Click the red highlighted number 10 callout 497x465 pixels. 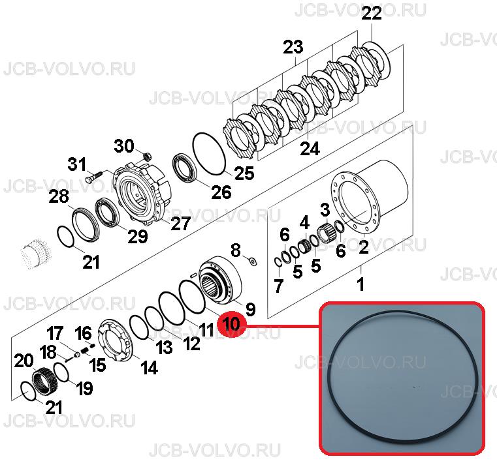pos(232,324)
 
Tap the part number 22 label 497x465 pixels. pos(372,13)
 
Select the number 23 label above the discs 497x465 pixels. pos(293,46)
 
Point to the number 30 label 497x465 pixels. pos(124,146)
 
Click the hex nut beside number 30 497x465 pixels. pos(147,156)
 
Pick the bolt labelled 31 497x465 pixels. pos(93,176)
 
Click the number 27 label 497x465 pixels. pos(180,223)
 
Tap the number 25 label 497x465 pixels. pos(244,173)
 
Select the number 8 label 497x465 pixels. pos(236,250)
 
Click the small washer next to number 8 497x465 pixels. pos(253,262)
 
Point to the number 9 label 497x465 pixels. pos(250,308)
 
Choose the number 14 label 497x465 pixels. pos(149,368)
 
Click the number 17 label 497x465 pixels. pos(55,333)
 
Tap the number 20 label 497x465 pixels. pos(24,361)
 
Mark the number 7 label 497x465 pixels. pos(278,286)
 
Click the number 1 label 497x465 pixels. pos(361,284)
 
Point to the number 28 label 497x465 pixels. pos(59,196)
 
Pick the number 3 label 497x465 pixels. pos(325,209)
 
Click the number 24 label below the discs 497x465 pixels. pos(310,148)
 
